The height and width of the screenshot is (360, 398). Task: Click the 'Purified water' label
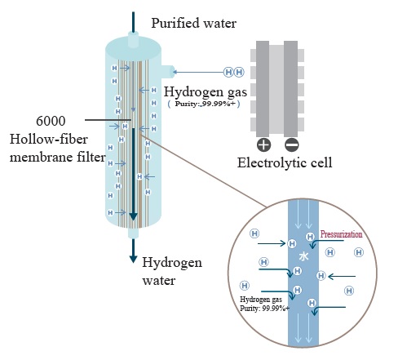[193, 23]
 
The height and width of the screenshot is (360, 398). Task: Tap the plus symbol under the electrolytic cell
[263, 144]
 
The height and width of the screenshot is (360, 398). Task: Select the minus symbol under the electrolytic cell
[292, 144]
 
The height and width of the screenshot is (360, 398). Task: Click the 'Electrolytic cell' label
[285, 162]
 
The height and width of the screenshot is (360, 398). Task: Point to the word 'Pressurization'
[341, 234]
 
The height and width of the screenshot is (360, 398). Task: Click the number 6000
[51, 121]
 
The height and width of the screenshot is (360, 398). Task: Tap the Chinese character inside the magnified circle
[303, 256]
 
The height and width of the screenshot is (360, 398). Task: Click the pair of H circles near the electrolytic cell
[234, 72]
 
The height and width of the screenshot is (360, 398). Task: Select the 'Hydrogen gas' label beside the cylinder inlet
[206, 92]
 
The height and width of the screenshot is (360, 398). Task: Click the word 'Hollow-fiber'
[49, 140]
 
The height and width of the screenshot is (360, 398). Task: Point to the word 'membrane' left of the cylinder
[41, 157]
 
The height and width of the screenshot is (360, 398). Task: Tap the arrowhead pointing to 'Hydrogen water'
[133, 259]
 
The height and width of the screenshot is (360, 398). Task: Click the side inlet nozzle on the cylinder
[167, 72]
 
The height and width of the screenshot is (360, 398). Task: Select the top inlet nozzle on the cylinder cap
[133, 39]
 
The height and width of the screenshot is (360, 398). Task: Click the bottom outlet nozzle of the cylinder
[133, 233]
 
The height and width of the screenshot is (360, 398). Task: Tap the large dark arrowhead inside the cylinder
[133, 216]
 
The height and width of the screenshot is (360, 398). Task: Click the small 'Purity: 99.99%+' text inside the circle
[264, 309]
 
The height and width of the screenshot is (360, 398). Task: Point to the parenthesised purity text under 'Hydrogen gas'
[204, 104]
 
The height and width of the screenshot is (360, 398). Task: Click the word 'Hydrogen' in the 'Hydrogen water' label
[172, 263]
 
